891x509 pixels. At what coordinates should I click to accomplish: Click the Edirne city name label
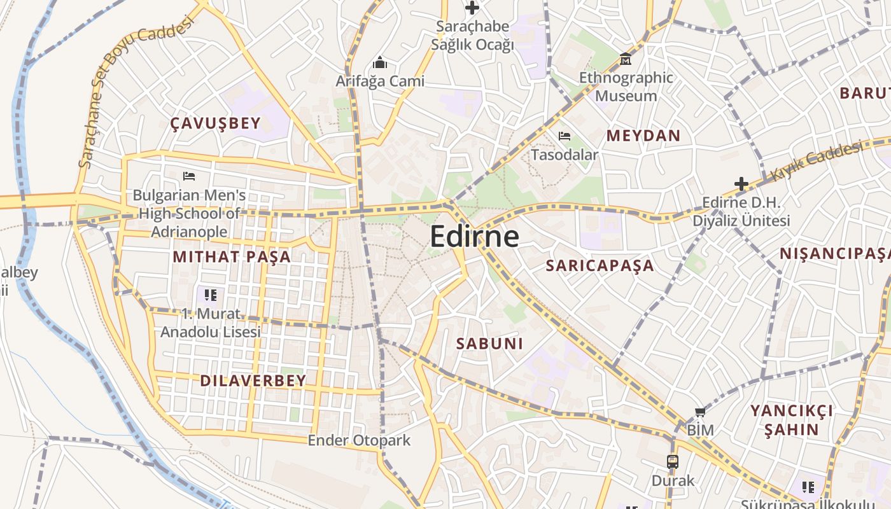pos(474,237)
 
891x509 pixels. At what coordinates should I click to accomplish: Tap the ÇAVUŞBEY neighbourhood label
pos(216,123)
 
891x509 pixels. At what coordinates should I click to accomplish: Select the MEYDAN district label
pos(643,136)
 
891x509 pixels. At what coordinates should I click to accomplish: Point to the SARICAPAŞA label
pos(600,265)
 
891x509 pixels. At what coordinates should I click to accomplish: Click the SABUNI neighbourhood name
pos(489,344)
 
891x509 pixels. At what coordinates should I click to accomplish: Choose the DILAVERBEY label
pos(253,380)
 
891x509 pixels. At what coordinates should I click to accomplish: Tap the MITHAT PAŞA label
pos(232,257)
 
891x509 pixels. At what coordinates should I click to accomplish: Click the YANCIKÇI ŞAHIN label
pos(791,420)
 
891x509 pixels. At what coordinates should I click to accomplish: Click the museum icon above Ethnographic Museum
pos(626,59)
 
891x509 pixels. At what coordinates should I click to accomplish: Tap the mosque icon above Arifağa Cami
pos(380,62)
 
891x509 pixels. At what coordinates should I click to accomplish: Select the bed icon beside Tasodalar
pos(564,136)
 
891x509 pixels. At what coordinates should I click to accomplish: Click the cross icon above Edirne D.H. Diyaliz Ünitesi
pos(741,185)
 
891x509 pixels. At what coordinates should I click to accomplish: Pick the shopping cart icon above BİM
pos(700,412)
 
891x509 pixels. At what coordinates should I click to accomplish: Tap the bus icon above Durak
pos(673,462)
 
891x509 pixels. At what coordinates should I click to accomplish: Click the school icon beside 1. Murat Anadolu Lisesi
pos(211,295)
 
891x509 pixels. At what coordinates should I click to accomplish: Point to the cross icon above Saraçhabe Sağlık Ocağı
pos(472,8)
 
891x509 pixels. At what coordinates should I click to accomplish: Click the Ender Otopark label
pos(359,440)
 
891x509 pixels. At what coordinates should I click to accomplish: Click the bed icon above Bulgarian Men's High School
pos(188,176)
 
